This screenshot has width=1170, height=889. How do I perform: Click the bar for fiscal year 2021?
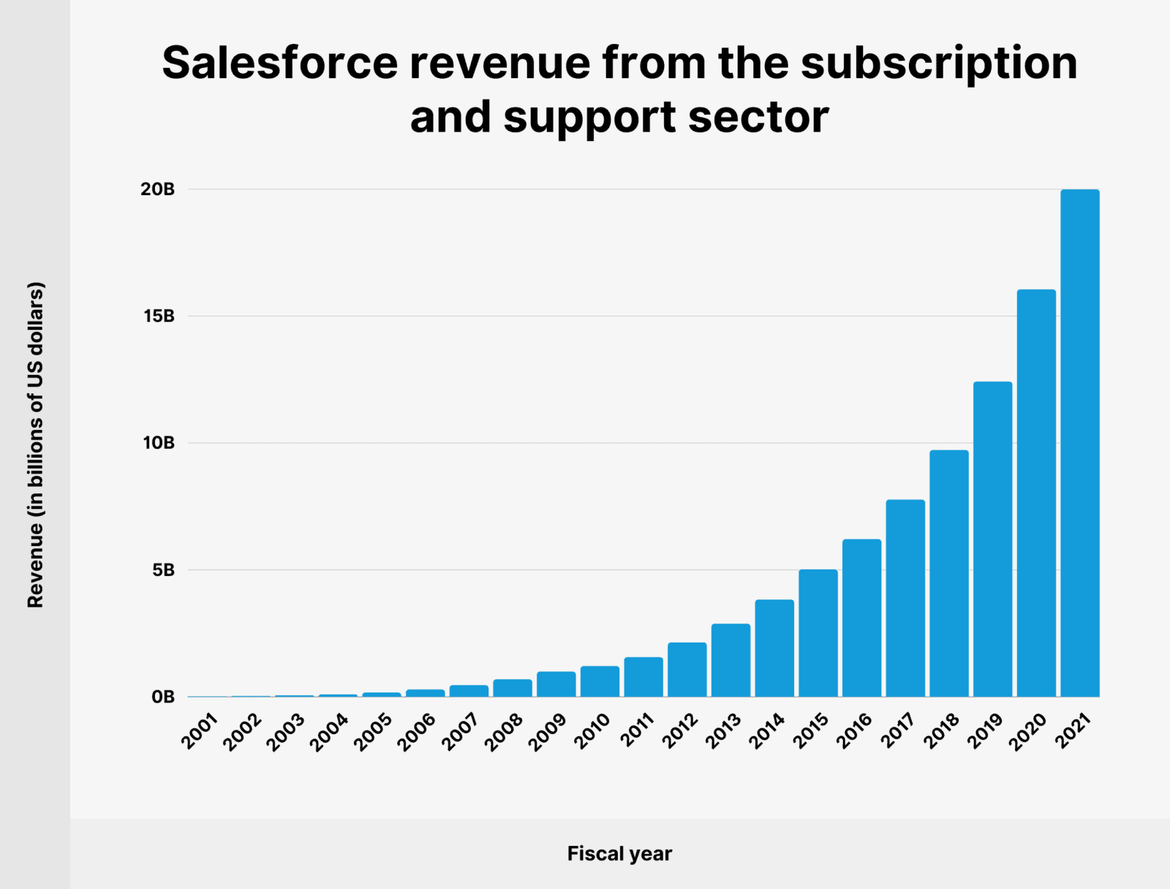tap(1080, 443)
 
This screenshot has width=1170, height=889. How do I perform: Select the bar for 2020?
tap(1036, 493)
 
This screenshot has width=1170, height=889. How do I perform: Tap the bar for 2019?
tap(992, 540)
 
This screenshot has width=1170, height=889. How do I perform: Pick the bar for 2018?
tap(949, 573)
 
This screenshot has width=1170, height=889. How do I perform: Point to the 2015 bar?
tap(818, 633)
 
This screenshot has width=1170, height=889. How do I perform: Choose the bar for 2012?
tap(687, 670)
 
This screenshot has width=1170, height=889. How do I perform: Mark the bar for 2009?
tap(556, 684)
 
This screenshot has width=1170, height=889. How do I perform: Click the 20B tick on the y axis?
tap(158, 189)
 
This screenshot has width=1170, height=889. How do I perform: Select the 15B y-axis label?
tap(159, 317)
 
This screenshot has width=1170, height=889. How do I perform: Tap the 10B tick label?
tap(159, 443)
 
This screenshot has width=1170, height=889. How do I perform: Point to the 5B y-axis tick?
tap(163, 570)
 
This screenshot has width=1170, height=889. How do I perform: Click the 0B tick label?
tap(163, 697)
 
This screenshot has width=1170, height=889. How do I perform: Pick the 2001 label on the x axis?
tap(200, 731)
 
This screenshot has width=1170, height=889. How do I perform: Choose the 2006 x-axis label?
tap(417, 731)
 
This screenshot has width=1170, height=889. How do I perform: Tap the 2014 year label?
tap(766, 731)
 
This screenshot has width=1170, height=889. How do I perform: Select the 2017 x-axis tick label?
tap(897, 731)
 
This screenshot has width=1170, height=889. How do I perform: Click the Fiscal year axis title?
tap(619, 854)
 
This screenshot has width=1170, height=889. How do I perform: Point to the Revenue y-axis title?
tap(36, 444)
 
